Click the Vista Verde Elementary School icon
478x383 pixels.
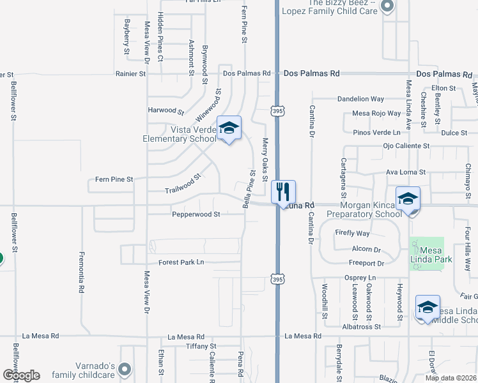229,128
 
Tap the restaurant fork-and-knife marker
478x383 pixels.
283,191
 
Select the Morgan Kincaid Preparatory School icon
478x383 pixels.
408,199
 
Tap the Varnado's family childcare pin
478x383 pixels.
125,369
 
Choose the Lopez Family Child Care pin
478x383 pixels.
386,7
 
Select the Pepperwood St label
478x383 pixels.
196,214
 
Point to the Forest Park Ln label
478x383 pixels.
181,262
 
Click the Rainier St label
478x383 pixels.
131,74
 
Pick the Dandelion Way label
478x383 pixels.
360,99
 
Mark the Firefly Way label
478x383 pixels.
352,234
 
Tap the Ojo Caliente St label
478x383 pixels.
406,146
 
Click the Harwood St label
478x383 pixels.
166,110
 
